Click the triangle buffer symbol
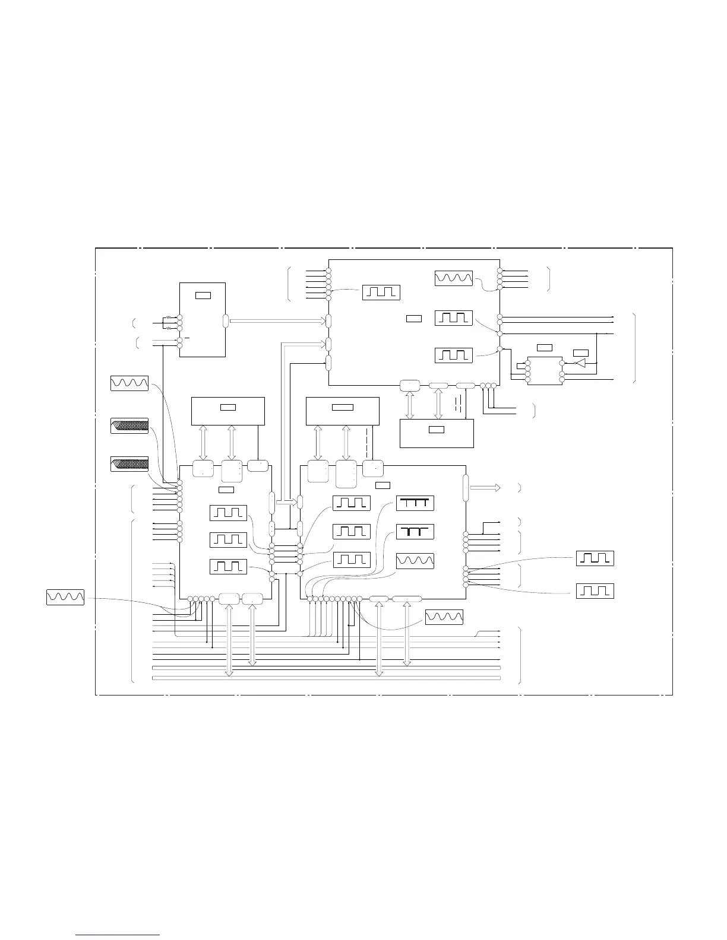pos(580,363)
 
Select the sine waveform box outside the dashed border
pos(65,598)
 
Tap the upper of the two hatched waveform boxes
pos(129,425)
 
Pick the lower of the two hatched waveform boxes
pos(129,464)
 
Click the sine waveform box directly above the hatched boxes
pos(129,383)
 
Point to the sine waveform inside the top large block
pos(454,278)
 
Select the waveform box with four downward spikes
pos(415,503)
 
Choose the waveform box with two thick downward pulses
pos(415,532)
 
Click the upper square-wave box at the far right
pos(595,558)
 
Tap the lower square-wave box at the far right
pos(595,591)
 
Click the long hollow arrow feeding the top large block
pos(277,321)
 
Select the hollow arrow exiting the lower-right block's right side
pos(483,488)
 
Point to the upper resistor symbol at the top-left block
pos(169,318)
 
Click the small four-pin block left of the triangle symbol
pos(544,371)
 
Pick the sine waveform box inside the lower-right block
pos(415,560)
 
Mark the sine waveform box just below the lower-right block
pos(444,617)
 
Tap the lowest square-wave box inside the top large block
pos(454,355)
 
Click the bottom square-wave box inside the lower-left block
pos(229,566)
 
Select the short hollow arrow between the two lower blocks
pos(286,503)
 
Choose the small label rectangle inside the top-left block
pos(203,295)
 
